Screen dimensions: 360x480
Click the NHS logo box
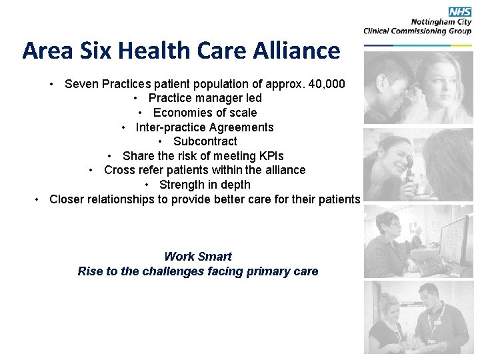click(460, 11)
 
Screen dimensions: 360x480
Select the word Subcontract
click(205, 141)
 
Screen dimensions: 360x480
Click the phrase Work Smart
click(198, 257)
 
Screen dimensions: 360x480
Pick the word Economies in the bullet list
click(179, 113)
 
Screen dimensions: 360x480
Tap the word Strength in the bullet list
click(181, 185)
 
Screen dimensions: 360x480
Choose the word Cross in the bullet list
click(119, 170)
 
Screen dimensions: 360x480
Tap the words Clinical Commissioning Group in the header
click(417, 31)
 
